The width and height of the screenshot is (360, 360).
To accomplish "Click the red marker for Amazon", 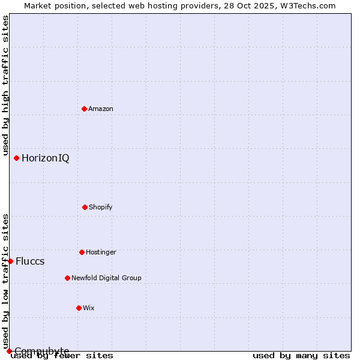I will [x=84, y=109].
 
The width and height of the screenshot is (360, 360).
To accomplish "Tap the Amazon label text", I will [x=101, y=109].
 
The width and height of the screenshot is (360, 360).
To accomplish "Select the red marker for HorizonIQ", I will [x=16, y=158].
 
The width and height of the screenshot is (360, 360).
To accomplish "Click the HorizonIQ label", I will [x=45, y=158].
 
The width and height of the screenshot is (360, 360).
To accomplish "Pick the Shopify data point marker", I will [x=85, y=207].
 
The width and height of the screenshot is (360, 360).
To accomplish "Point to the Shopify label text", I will [x=101, y=208].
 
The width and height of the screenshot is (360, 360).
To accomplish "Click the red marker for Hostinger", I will [x=82, y=252].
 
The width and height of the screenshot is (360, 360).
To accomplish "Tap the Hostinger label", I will [x=101, y=253].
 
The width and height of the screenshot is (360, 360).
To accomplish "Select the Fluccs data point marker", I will [x=10, y=261].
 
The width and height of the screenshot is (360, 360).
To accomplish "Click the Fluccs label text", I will [x=30, y=262].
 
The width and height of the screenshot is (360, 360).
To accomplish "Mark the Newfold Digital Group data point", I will [x=67, y=278].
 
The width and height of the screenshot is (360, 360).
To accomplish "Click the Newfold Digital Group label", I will [x=106, y=278].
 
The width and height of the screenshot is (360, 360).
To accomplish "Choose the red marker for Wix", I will [x=79, y=308].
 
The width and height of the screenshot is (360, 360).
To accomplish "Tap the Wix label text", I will [x=89, y=308].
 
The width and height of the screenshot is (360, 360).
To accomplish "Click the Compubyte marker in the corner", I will [x=9, y=351].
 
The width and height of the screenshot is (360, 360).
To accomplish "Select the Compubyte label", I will [x=42, y=351].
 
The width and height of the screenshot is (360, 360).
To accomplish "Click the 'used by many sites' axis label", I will [x=301, y=356].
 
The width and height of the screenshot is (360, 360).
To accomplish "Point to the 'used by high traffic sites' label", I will [x=6, y=86].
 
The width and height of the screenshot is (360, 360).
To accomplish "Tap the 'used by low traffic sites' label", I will [x=6, y=281].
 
